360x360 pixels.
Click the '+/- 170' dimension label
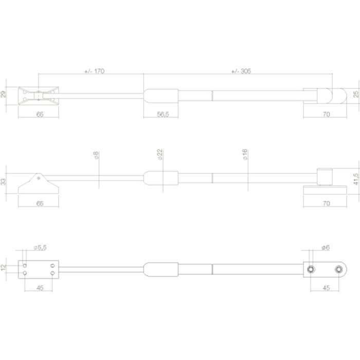click(x=94, y=71)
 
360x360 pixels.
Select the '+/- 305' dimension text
click(x=241, y=71)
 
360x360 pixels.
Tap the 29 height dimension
click(x=4, y=95)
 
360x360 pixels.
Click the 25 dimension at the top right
click(x=355, y=94)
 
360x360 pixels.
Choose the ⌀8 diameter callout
click(x=96, y=155)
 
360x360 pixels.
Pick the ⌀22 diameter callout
click(x=160, y=155)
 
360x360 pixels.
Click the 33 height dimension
click(x=4, y=181)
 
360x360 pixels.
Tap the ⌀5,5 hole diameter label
click(x=40, y=248)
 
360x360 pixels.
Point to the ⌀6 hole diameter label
click(x=325, y=248)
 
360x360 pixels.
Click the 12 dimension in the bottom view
click(x=4, y=267)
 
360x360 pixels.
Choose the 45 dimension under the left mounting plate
click(x=40, y=288)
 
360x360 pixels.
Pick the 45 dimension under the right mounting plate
click(x=325, y=288)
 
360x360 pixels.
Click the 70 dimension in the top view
click(x=326, y=114)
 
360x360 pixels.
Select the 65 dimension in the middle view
click(x=40, y=203)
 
